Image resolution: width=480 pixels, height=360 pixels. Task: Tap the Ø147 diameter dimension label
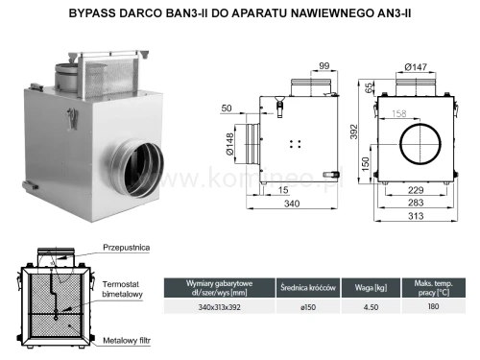416,66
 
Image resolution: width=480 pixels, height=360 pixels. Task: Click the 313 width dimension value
416,217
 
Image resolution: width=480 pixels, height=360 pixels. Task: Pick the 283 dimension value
416,204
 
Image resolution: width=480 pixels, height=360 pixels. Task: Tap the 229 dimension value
416,191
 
